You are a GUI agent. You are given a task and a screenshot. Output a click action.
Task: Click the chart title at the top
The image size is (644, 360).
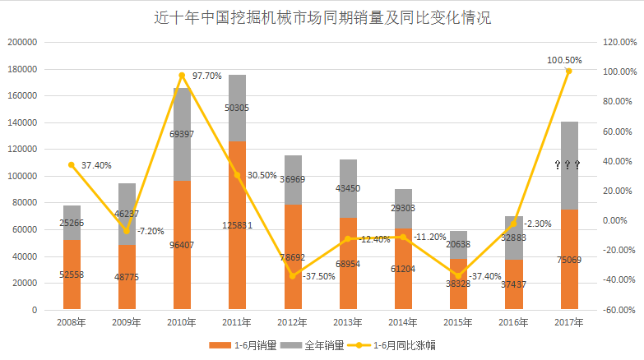point(322,17)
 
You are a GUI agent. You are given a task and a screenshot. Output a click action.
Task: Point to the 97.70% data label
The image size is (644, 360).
point(206,76)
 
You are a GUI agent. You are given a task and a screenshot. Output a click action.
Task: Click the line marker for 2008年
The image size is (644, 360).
point(72,165)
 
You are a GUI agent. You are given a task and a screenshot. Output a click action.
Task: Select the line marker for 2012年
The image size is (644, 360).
point(292,275)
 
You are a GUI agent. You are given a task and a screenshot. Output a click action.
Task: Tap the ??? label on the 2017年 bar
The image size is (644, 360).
point(568,165)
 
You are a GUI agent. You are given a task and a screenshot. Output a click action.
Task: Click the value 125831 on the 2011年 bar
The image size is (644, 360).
point(237,224)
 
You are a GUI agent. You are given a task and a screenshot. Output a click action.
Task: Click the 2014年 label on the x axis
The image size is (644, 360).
point(402,323)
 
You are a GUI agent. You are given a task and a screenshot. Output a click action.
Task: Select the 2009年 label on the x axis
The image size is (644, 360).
point(127,323)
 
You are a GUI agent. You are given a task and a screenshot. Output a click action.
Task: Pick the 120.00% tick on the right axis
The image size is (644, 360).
point(617,43)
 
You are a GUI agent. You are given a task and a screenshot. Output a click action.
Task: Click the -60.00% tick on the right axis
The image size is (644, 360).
point(617,310)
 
